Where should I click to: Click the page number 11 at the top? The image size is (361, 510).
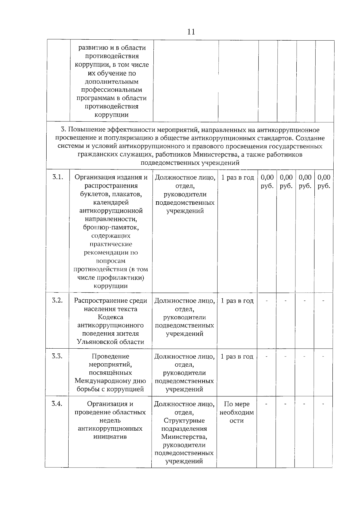(191, 32)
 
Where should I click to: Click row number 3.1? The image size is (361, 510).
(57, 177)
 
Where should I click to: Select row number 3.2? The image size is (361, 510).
(57, 300)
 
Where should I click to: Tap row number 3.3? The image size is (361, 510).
(57, 356)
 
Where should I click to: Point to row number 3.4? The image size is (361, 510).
(57, 404)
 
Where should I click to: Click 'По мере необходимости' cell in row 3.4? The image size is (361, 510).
(236, 412)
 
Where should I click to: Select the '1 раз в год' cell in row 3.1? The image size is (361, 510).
(238, 178)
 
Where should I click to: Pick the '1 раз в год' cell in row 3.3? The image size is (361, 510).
(237, 357)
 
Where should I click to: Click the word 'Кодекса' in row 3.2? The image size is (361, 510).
(110, 317)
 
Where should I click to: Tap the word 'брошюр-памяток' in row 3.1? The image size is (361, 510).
(111, 228)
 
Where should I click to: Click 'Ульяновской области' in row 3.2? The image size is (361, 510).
(110, 342)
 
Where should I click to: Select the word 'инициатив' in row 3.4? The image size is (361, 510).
(110, 437)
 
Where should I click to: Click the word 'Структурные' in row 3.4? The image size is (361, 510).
(184, 420)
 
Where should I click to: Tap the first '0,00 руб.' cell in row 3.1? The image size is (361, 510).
(267, 182)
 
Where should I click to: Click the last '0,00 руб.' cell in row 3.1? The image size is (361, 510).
(324, 182)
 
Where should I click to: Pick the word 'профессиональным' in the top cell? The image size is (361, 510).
(112, 90)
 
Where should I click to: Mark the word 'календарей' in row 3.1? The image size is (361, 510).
(111, 203)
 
